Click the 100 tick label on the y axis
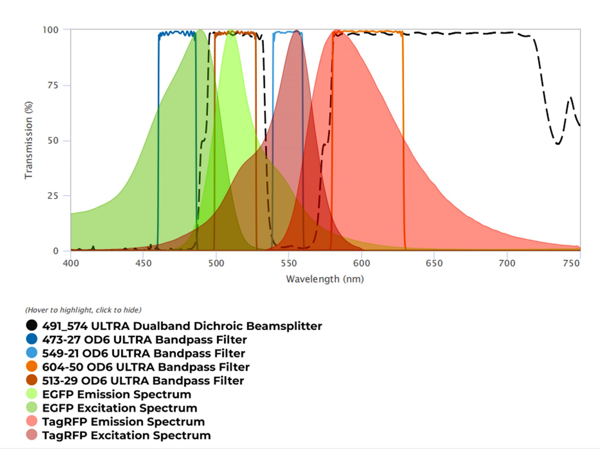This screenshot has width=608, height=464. pyautogui.click(x=50, y=30)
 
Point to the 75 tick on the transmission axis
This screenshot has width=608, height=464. pyautogui.click(x=53, y=86)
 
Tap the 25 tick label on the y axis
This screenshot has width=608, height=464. pyautogui.click(x=53, y=196)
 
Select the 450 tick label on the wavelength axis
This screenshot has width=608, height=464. pyautogui.click(x=143, y=263)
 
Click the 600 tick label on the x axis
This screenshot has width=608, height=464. pyautogui.click(x=361, y=263)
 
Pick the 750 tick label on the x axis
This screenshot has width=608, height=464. pyautogui.click(x=571, y=263)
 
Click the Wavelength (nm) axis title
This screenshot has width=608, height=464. pyautogui.click(x=325, y=279)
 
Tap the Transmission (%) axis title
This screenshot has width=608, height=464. pyautogui.click(x=28, y=140)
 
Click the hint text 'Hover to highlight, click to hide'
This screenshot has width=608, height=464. pyautogui.click(x=83, y=310)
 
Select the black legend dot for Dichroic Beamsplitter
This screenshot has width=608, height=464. pyautogui.click(x=31, y=325)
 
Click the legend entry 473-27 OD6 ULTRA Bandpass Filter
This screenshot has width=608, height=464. pyautogui.click(x=144, y=340)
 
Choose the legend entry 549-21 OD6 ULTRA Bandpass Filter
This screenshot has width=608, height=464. pyautogui.click(x=143, y=353)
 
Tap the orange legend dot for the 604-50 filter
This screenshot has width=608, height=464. pyautogui.click(x=31, y=366)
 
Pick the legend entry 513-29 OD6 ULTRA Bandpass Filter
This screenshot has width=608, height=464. pyautogui.click(x=143, y=381)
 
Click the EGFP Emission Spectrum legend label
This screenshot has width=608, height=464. pyautogui.click(x=117, y=394)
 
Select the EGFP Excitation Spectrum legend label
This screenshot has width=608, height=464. pyautogui.click(x=120, y=408)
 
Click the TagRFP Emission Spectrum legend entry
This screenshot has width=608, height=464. pyautogui.click(x=123, y=422)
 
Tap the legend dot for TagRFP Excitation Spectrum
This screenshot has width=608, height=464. pyautogui.click(x=31, y=435)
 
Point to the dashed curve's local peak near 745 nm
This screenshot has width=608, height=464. pyautogui.click(x=570, y=97)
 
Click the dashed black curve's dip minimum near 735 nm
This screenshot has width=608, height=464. pyautogui.click(x=558, y=144)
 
